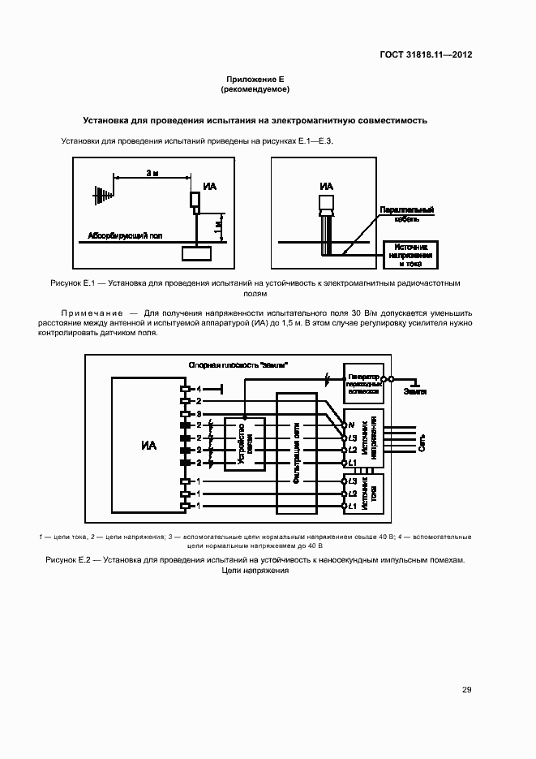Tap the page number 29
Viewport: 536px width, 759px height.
click(467, 690)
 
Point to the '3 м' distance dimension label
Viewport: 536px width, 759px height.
click(152, 174)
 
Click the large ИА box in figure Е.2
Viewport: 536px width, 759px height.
click(148, 445)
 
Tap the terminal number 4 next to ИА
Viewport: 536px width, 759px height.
click(198, 390)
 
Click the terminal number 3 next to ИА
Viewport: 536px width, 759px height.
click(198, 413)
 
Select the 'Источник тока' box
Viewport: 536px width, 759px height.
click(365, 494)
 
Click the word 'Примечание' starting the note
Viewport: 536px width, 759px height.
click(92, 313)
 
